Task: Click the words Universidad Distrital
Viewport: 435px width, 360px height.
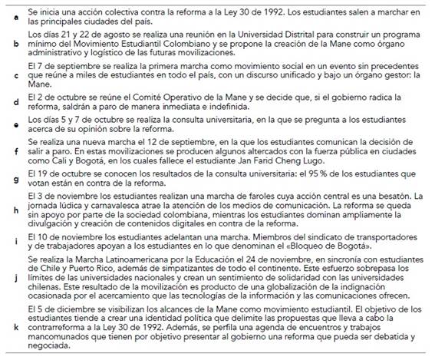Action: tap(244, 35)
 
